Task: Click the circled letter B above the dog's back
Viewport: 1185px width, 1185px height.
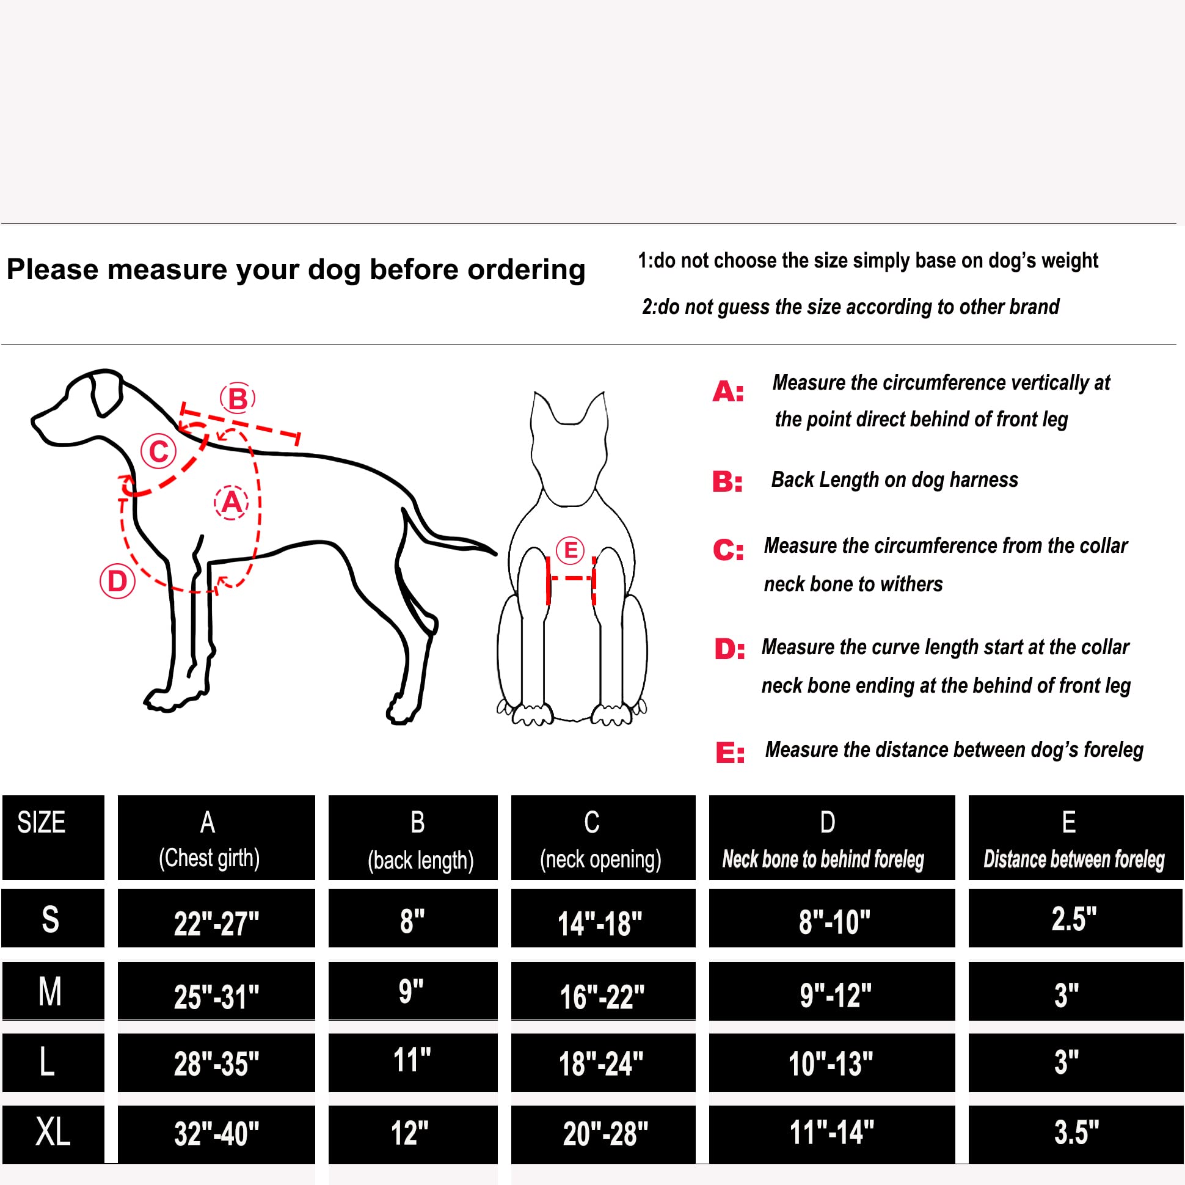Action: tap(238, 399)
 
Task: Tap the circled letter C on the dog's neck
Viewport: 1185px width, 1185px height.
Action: tap(158, 451)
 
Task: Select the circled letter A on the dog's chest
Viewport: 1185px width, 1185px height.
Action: tap(232, 502)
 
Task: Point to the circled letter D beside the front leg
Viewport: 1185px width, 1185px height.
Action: tap(117, 581)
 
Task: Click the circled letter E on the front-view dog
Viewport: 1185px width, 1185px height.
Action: tap(570, 550)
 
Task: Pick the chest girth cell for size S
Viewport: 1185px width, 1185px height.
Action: tap(216, 922)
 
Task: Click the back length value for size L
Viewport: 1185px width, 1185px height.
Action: tap(412, 1061)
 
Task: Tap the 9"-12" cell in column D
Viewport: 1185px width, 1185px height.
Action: tap(832, 994)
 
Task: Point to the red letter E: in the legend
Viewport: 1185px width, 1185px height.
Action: tap(730, 752)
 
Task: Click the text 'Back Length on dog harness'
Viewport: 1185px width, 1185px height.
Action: tap(894, 479)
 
